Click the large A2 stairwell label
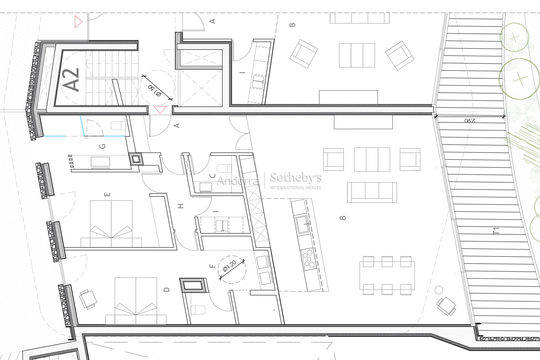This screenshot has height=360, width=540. pyautogui.click(x=72, y=79)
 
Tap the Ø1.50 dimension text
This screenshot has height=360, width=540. pyautogui.click(x=155, y=91)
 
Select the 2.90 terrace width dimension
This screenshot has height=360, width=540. pyautogui.click(x=470, y=121)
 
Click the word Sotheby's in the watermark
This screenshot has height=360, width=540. pyautogui.click(x=296, y=178)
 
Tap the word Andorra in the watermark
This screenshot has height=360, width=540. pyautogui.click(x=238, y=181)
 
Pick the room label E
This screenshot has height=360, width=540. pyautogui.click(x=108, y=194)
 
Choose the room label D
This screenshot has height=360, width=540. pyautogui.click(x=167, y=289)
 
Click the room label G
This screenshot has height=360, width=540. pyautogui.click(x=103, y=146)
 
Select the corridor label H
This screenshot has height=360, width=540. pyautogui.click(x=181, y=206)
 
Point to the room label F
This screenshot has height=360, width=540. pyautogui.click(x=213, y=266)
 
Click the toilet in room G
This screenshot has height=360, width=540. pyautogui.click(x=118, y=125)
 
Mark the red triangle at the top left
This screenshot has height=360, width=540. pyautogui.click(x=78, y=22)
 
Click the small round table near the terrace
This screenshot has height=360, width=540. pyautogui.click(x=439, y=290)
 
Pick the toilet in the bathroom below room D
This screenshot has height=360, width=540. pyautogui.click(x=198, y=310)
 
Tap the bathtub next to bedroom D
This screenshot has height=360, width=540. pyautogui.click(x=193, y=285)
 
